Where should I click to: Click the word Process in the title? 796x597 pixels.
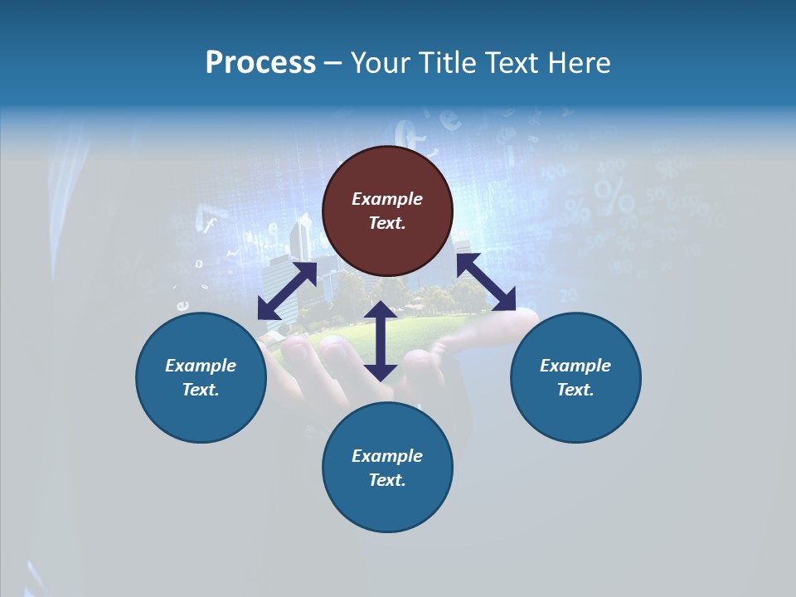[x=260, y=63]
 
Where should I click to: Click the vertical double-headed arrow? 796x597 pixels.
[x=380, y=341]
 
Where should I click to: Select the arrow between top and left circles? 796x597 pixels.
[x=287, y=291]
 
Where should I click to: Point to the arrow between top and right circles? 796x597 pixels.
[x=486, y=283]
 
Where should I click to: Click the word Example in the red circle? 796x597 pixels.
[x=387, y=199]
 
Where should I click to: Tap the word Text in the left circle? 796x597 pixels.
[x=201, y=390]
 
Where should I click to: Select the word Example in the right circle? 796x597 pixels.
[x=575, y=366]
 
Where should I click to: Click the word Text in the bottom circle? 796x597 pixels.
[x=387, y=480]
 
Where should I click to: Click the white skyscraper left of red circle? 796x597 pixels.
[x=298, y=235]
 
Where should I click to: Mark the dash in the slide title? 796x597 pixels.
[x=332, y=63]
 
